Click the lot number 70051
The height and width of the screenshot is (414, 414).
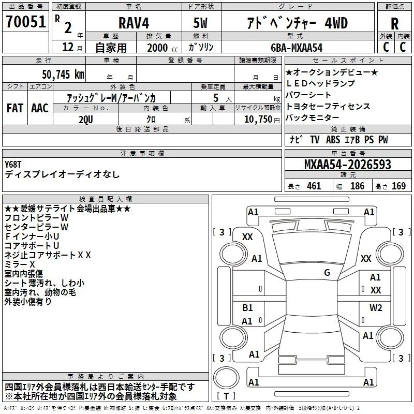[26, 22]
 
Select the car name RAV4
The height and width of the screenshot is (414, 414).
[133, 23]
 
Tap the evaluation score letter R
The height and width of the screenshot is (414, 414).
[394, 24]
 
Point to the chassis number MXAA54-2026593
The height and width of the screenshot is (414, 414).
[347, 165]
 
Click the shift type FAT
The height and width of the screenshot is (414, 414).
[14, 108]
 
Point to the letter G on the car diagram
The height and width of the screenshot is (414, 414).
[327, 272]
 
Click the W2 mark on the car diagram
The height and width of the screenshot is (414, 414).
[376, 308]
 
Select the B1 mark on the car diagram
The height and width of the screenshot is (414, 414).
[248, 308]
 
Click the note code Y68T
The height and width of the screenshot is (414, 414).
[13, 165]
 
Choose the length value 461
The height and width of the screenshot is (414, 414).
[314, 186]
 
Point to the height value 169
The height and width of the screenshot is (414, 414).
[399, 186]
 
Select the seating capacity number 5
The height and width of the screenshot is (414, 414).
[215, 98]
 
